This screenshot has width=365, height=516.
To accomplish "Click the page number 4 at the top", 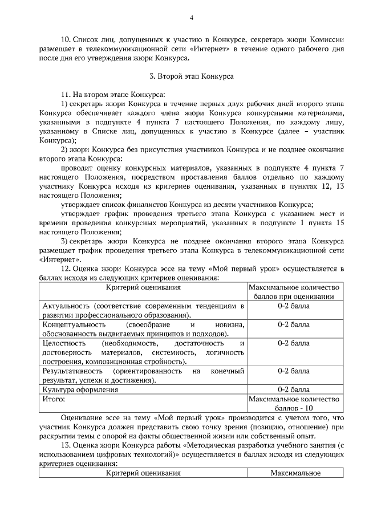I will [x=192, y=18].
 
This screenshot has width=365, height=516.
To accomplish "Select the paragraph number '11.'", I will [x=63, y=93].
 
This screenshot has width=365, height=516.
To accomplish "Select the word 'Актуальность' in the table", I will [x=66, y=306].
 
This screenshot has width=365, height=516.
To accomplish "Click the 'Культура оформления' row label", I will [x=80, y=389].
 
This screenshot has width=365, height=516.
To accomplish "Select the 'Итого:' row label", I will [x=54, y=399].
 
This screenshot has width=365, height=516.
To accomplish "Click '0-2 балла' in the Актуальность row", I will [x=294, y=306].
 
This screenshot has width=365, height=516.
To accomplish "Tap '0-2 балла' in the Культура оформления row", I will [x=294, y=389].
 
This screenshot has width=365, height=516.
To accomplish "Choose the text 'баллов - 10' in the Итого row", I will [x=294, y=408].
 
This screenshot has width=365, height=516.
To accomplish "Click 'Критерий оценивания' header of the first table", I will [x=143, y=287].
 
